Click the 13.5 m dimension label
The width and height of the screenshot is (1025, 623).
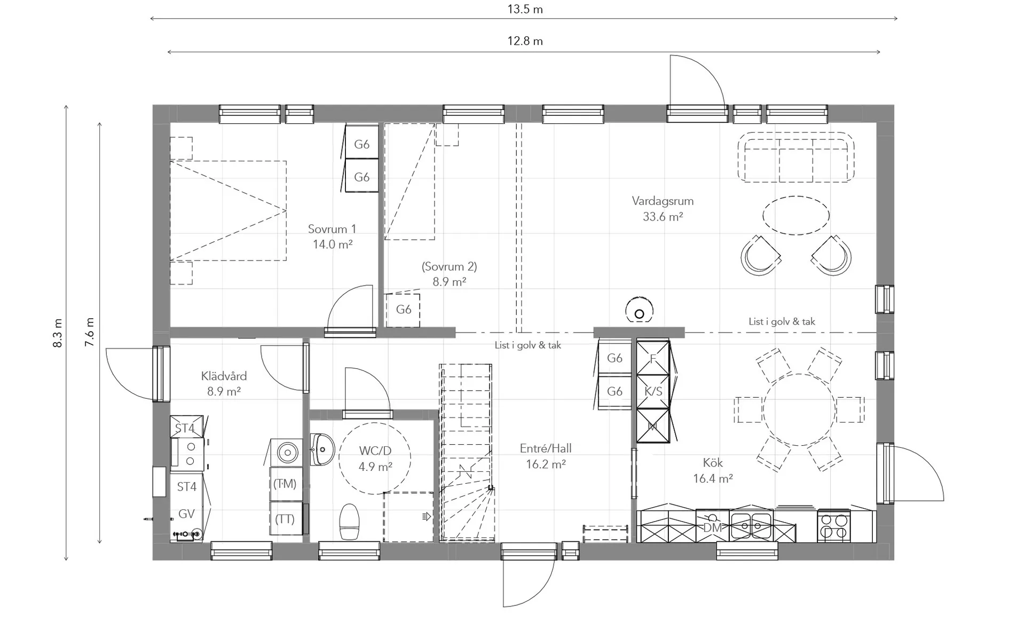point(525,9)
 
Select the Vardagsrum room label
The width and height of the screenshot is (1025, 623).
point(663,201)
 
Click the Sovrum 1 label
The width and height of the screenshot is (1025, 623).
point(332,229)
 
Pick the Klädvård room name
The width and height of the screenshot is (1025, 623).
point(224,376)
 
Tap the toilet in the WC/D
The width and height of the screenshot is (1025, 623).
point(350,522)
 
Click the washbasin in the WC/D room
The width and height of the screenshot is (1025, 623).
point(322,449)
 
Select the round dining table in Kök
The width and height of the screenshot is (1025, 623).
point(799,409)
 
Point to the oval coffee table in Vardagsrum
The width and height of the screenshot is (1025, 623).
point(796,216)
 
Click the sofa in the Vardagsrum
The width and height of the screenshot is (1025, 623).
point(795,157)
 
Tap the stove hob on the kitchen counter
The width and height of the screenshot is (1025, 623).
point(834,526)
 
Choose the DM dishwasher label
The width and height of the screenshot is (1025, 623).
point(712,528)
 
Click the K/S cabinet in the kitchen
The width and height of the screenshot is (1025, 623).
point(653,391)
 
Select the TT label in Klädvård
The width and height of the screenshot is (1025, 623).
point(285,519)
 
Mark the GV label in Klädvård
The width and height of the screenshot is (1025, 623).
point(186,514)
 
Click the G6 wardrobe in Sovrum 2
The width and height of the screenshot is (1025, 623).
point(403,310)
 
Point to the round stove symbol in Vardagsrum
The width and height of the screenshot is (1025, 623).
point(639,310)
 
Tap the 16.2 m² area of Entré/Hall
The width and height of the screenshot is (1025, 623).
point(546,464)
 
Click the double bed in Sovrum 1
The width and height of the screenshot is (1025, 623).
point(228,211)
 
